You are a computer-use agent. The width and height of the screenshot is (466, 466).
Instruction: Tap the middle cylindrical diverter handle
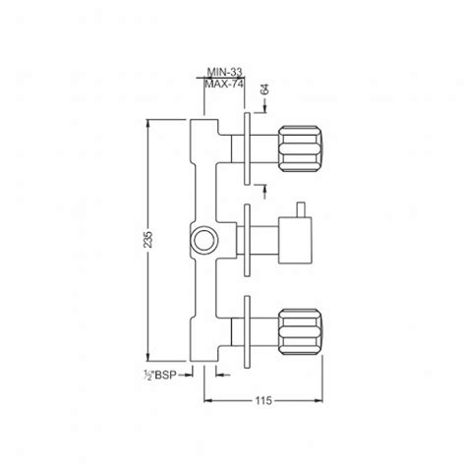[295, 240]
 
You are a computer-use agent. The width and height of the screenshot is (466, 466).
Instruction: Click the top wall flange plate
[245, 148]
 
